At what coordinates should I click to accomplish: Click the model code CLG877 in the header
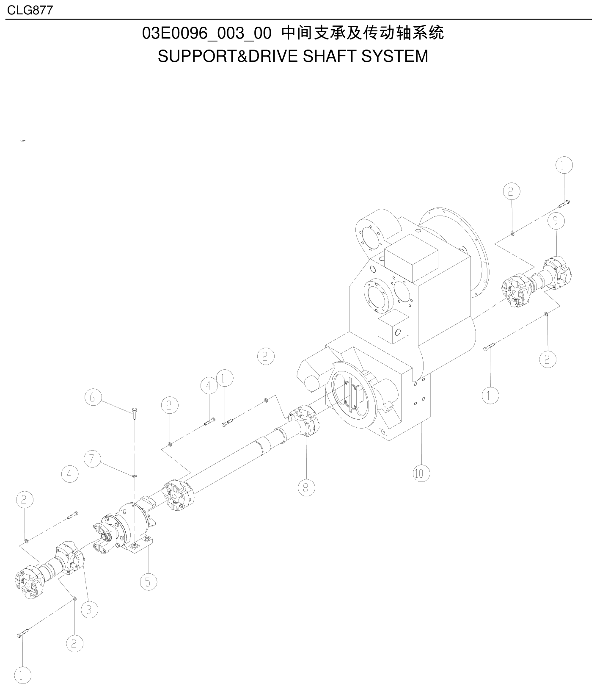click(x=30, y=10)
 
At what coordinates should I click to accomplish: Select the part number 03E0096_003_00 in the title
click(x=206, y=33)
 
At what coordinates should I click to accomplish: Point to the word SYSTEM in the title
click(x=394, y=56)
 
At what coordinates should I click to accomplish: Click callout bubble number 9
click(x=556, y=221)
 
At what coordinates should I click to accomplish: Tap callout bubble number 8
click(x=306, y=487)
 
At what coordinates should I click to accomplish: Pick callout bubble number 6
click(x=93, y=397)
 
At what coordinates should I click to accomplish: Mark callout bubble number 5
click(x=148, y=582)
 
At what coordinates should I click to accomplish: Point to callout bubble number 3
click(x=89, y=610)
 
